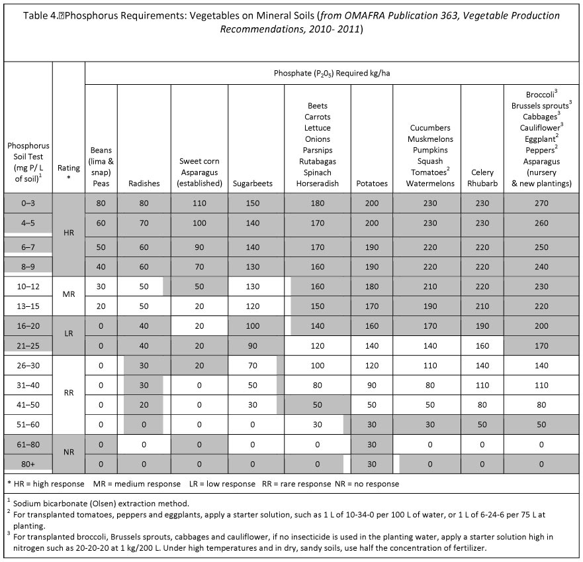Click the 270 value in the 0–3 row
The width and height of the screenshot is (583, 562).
[541, 203]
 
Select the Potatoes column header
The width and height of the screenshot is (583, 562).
[372, 184]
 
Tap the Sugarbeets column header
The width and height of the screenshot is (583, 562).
[253, 184]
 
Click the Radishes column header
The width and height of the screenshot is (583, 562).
[144, 184]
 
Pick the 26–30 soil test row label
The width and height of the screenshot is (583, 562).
[28, 366]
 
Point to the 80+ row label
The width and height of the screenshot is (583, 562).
[28, 465]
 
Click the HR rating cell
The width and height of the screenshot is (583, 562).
[69, 233]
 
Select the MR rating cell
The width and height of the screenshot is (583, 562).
[69, 294]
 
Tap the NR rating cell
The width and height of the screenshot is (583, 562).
[69, 452]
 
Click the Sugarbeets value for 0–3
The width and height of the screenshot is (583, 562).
[253, 203]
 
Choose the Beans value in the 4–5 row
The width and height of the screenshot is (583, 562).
[101, 223]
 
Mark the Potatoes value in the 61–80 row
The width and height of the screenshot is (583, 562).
[372, 445]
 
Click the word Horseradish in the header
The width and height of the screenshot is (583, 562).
[318, 184]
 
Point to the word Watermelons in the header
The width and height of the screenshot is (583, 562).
[430, 184]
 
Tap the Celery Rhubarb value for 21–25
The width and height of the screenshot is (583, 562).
[482, 346]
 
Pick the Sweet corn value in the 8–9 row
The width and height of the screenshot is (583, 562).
[199, 267]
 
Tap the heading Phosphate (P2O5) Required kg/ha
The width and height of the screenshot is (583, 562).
[332, 74]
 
